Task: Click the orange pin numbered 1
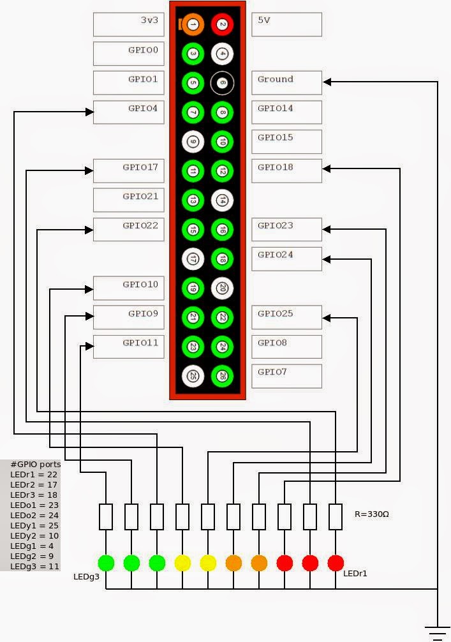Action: coord(193,24)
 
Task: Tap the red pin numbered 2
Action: coord(222,24)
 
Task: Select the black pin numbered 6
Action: coord(222,83)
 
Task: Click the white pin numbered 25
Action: coord(193,376)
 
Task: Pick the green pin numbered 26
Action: coord(222,376)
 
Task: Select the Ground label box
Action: coord(286,83)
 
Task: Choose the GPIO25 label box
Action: coord(286,317)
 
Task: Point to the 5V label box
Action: coord(286,24)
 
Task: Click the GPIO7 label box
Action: coord(286,376)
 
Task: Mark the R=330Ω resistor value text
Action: coord(371,514)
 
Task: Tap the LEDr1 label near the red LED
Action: coord(355,574)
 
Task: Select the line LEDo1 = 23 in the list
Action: coord(34,505)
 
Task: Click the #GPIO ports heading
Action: coord(36,464)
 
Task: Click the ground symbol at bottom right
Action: coord(438,632)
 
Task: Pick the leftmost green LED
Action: coord(106,563)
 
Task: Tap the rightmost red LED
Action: coord(336,563)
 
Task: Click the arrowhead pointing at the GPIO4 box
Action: coord(89,112)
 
